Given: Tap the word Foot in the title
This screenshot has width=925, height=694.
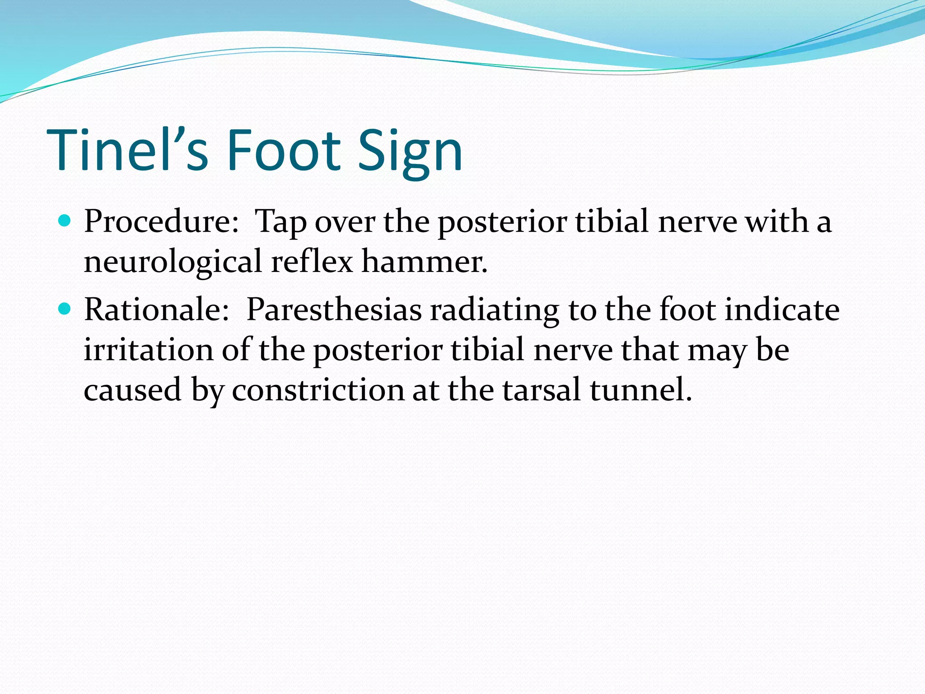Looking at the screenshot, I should pyautogui.click(x=284, y=150).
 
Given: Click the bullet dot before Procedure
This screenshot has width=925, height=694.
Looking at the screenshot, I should pyautogui.click(x=65, y=221).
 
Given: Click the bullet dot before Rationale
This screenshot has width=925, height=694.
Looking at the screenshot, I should pyautogui.click(x=65, y=309).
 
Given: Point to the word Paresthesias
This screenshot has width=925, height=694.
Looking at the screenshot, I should pyautogui.click(x=334, y=310).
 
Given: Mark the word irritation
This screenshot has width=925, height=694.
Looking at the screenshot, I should pyautogui.click(x=148, y=350).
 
